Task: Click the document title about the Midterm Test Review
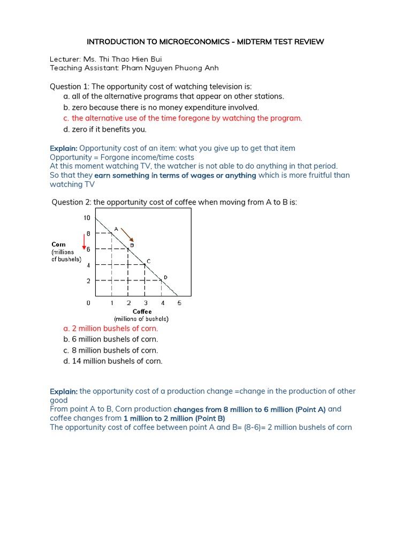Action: pos(205,42)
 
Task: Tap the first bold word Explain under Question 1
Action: pos(64,148)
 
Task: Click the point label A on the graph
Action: pos(116,229)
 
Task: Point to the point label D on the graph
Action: pos(165,277)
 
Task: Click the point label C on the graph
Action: pos(148,261)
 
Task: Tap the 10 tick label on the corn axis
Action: pos(87,218)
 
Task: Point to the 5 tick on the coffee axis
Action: pos(179,303)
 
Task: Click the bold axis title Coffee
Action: pos(142,311)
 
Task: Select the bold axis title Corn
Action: pos(58,245)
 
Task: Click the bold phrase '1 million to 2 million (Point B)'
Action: pos(174,418)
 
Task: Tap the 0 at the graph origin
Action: pos(89,303)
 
